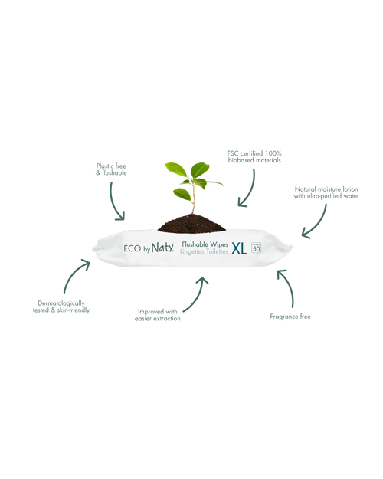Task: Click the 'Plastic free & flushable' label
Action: click(111, 169)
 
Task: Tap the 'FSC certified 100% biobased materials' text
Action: click(254, 156)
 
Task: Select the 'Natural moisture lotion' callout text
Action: click(326, 189)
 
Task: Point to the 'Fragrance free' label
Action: click(290, 317)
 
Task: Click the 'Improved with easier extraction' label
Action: click(158, 315)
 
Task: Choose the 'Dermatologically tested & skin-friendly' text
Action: click(61, 307)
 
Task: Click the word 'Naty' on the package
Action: click(163, 248)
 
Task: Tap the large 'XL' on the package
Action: click(239, 249)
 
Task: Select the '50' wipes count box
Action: click(257, 248)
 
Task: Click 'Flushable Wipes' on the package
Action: click(205, 244)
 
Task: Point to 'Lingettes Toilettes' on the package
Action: click(204, 251)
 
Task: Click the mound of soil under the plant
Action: click(191, 224)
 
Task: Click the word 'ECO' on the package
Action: click(133, 248)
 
